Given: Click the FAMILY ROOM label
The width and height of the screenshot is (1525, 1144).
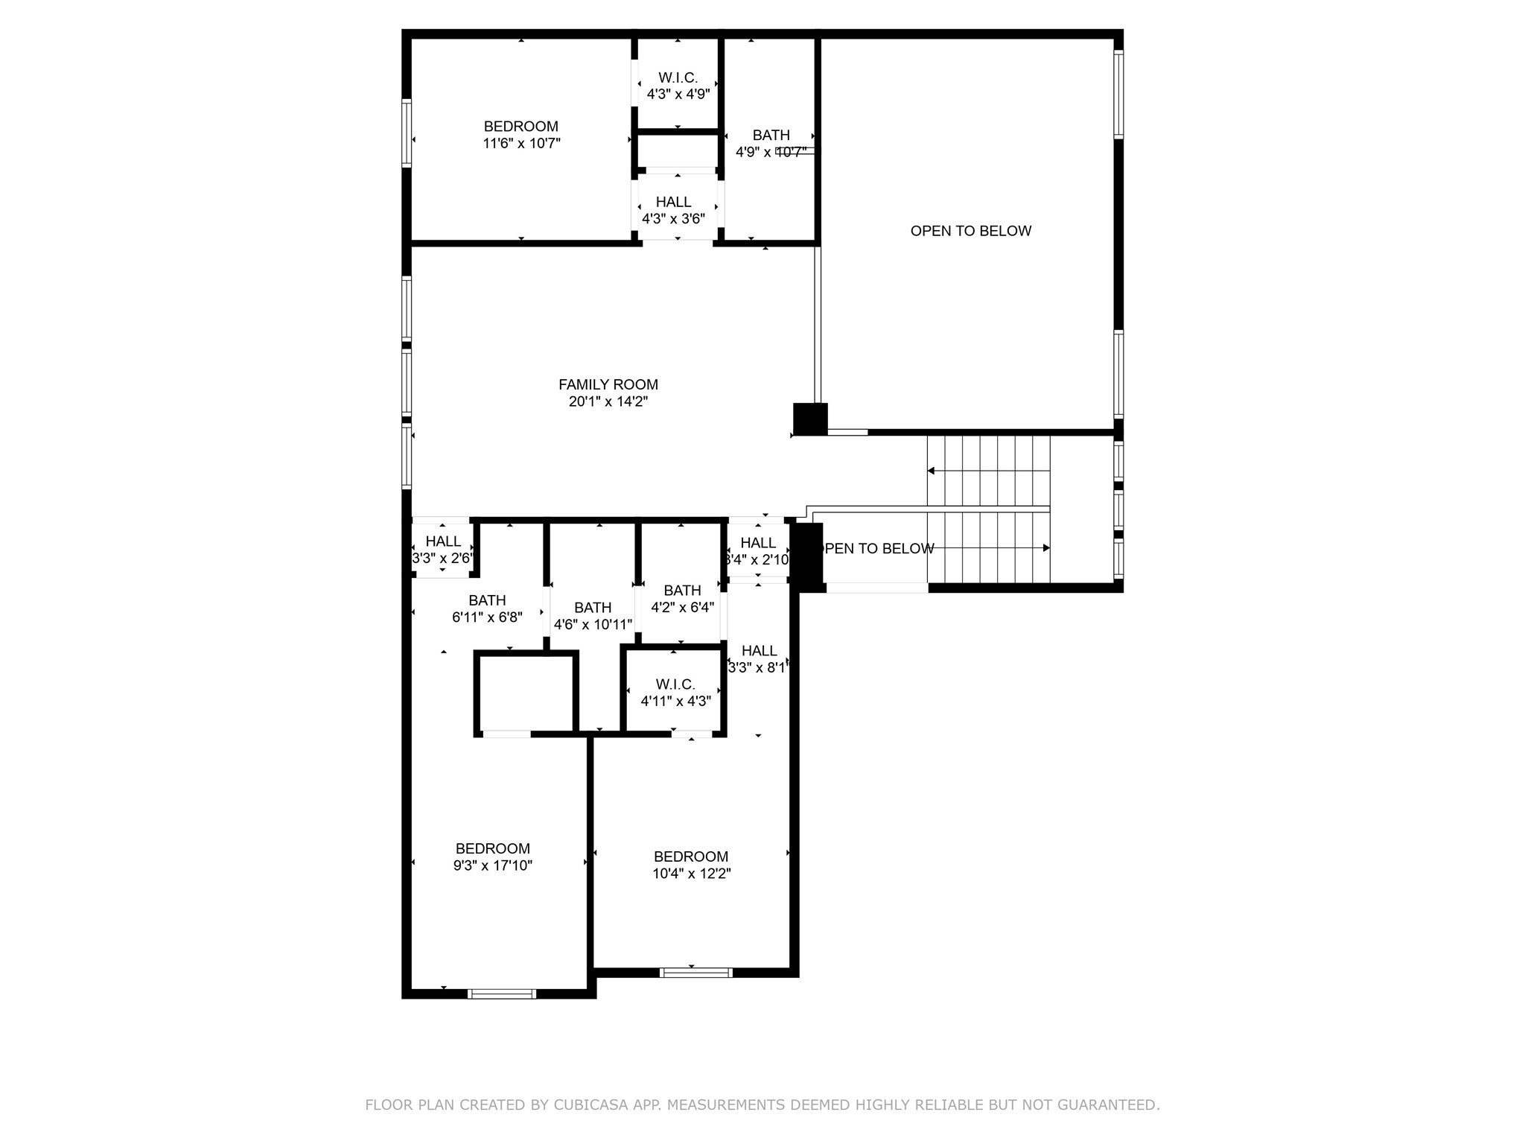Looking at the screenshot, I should click(x=608, y=384).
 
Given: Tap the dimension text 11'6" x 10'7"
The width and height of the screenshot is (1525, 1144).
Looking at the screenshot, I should click(x=521, y=143).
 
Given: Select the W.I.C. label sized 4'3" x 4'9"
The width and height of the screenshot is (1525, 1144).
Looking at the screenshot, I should click(x=678, y=77).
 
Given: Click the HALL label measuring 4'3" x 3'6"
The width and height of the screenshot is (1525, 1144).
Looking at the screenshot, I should click(x=673, y=202).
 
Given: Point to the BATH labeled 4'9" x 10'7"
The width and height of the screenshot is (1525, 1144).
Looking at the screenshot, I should click(x=771, y=135).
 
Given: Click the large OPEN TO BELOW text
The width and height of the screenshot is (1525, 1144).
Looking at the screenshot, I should click(x=970, y=231).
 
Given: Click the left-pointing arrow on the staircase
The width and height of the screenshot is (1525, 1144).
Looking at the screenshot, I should click(x=931, y=471).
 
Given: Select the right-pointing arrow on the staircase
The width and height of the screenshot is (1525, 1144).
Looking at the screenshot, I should click(x=1045, y=548).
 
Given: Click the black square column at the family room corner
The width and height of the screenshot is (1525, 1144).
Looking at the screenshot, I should click(x=810, y=419).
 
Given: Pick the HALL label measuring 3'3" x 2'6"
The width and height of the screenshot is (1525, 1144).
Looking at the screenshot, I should click(x=443, y=541).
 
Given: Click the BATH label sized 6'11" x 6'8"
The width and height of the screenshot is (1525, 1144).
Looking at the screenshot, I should click(x=487, y=600).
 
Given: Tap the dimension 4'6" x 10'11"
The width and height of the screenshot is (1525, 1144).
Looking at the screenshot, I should click(x=593, y=625).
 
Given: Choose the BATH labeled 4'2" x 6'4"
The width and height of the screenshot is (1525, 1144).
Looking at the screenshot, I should click(x=682, y=591).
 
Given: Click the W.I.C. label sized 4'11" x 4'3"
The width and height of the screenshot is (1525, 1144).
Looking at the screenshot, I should click(x=675, y=684).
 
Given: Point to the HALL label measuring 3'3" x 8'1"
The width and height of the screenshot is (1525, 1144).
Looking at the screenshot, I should click(x=759, y=651).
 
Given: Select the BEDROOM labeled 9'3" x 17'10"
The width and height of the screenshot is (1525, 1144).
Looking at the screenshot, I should click(x=492, y=848).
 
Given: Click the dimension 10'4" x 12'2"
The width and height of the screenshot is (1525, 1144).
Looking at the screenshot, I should click(x=692, y=874).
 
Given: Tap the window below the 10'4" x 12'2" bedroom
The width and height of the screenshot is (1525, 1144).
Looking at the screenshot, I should click(x=696, y=972).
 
